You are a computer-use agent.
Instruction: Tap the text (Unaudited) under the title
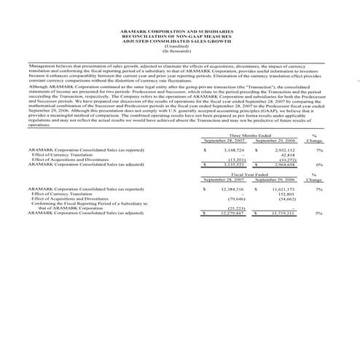click(x=179, y=47)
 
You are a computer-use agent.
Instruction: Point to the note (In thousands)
click(x=179, y=52)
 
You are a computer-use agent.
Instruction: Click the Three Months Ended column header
click(x=249, y=136)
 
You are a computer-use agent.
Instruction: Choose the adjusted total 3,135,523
click(x=233, y=165)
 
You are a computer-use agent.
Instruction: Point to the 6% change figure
click(x=320, y=165)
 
